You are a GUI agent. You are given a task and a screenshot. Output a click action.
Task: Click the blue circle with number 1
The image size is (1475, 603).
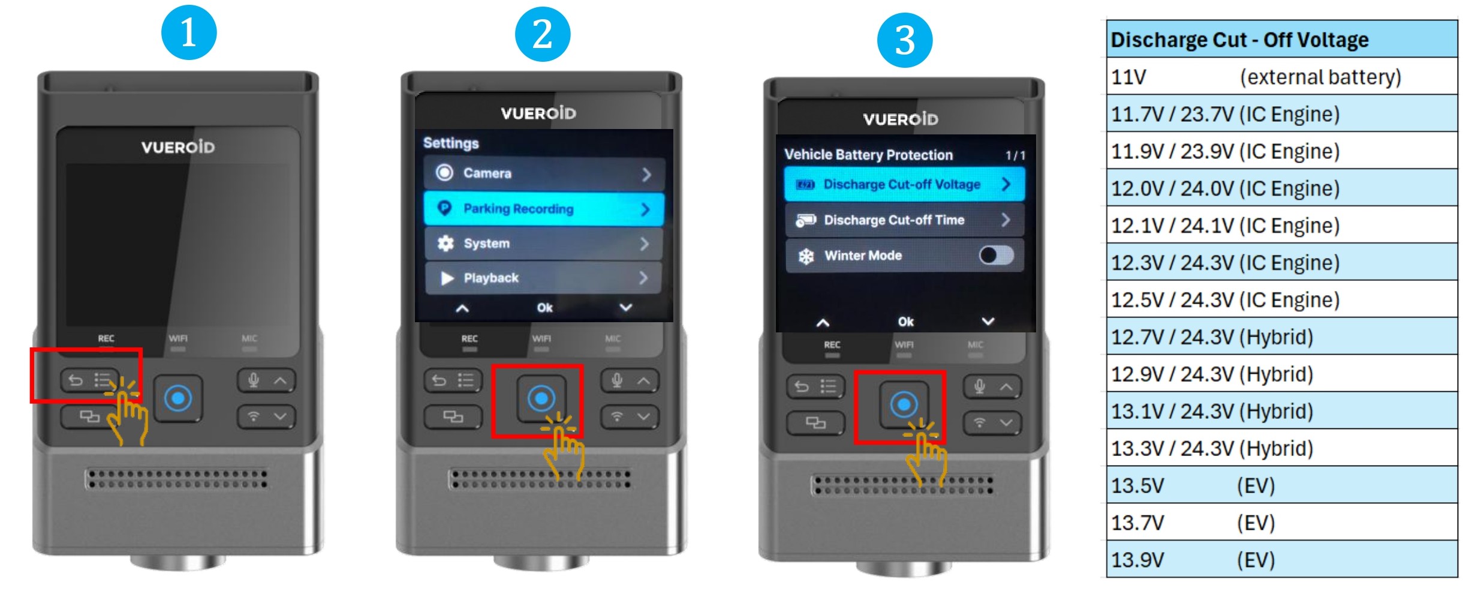(189, 32)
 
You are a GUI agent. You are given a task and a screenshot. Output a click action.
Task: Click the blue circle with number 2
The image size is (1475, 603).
(543, 34)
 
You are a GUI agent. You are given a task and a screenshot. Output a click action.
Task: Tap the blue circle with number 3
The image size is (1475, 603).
(905, 40)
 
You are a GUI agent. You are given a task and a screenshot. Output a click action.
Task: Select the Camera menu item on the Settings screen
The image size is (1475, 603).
(544, 173)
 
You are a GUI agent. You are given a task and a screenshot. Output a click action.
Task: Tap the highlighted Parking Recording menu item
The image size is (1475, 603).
(544, 208)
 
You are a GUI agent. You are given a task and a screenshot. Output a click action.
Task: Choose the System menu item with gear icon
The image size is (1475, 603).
(544, 243)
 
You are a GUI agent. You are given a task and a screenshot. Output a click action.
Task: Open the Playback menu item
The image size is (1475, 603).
(544, 278)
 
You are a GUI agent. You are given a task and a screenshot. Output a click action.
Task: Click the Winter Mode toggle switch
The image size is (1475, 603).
(997, 256)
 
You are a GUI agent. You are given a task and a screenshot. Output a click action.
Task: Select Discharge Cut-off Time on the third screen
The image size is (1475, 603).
(905, 220)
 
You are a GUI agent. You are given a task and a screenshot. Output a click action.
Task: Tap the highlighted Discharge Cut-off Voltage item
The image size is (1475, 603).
(905, 184)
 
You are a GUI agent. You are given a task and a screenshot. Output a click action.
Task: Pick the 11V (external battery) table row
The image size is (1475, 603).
(1282, 77)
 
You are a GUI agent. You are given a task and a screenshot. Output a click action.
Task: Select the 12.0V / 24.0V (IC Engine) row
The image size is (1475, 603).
(1282, 188)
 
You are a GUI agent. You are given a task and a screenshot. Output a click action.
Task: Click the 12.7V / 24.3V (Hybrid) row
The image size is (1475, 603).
(1282, 337)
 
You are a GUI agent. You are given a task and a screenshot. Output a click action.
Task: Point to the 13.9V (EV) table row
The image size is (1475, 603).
(1282, 560)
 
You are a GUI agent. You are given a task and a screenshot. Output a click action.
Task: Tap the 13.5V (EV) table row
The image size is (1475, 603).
(1282, 485)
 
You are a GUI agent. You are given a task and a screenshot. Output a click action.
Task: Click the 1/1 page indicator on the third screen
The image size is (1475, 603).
(1015, 156)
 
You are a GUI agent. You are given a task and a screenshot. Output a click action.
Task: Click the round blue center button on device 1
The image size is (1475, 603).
(178, 398)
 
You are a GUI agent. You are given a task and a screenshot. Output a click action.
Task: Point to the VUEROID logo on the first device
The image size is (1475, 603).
(178, 147)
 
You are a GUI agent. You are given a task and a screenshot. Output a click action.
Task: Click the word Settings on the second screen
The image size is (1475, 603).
(451, 143)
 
